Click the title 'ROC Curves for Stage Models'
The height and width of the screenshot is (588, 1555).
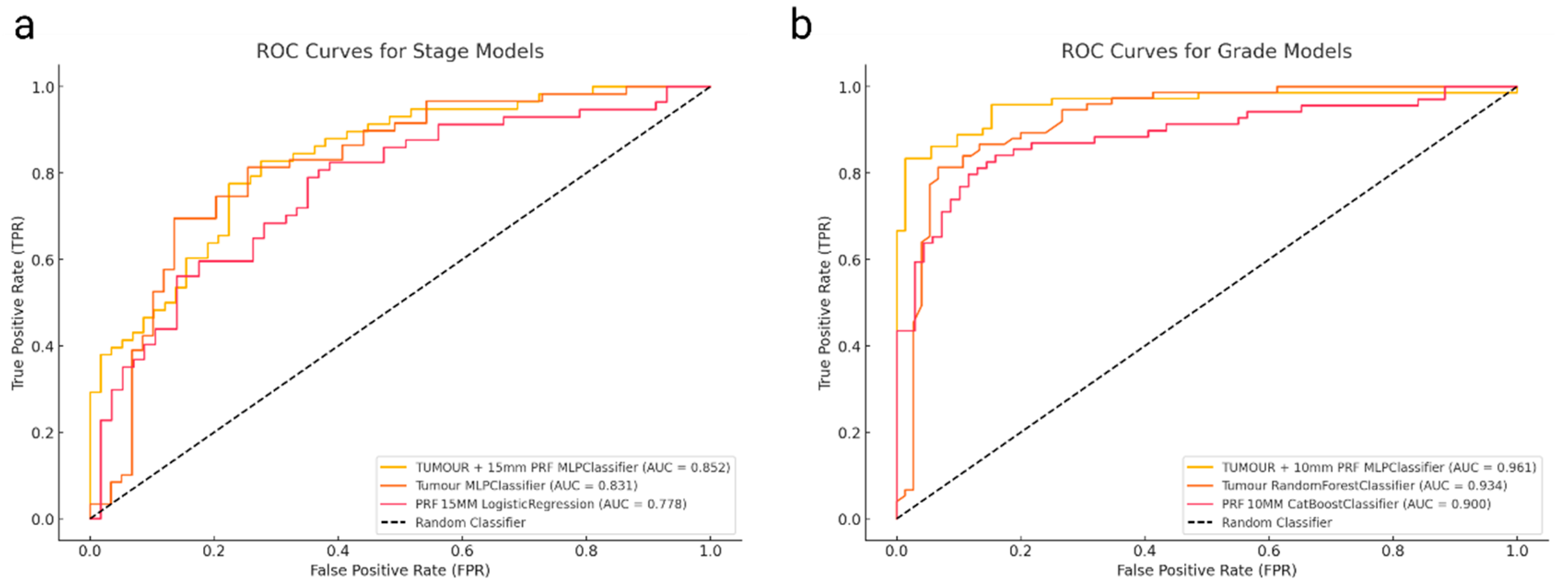pyautogui.click(x=400, y=51)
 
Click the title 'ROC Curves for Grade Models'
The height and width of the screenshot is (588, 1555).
pyautogui.click(x=1206, y=51)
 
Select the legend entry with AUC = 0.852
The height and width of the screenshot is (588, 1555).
pyautogui.click(x=572, y=467)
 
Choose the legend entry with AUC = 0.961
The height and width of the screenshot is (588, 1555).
pyautogui.click(x=1379, y=467)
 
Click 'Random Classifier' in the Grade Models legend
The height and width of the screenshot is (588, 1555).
pyautogui.click(x=1277, y=523)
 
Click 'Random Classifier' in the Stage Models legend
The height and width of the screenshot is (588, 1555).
pyautogui.click(x=470, y=523)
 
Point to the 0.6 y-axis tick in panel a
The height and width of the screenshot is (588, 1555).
pyautogui.click(x=43, y=260)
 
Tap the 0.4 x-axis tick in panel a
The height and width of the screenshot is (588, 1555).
pyautogui.click(x=338, y=551)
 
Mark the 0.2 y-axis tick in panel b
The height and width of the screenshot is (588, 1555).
pyautogui.click(x=850, y=433)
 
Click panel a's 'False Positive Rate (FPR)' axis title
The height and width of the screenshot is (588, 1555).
pyautogui.click(x=400, y=571)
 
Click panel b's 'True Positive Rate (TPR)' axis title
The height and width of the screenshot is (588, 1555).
pyautogui.click(x=824, y=303)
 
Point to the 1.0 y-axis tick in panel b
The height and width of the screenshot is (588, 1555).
pyautogui.click(x=850, y=87)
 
